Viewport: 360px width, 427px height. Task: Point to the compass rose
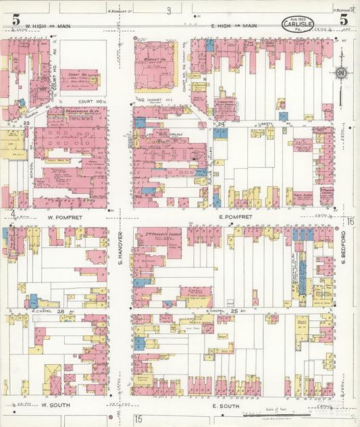click(341, 73)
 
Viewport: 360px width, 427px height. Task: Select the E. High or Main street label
click(235, 26)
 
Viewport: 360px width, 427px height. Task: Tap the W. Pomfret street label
click(64, 218)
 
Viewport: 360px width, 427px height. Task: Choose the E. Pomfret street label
click(235, 218)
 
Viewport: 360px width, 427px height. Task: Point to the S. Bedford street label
click(343, 248)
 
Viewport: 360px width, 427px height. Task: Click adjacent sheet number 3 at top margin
click(169, 10)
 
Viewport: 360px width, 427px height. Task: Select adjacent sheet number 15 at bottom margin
click(138, 420)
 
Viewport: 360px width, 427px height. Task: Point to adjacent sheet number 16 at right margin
click(351, 221)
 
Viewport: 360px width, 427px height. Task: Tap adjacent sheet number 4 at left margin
click(12, 214)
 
